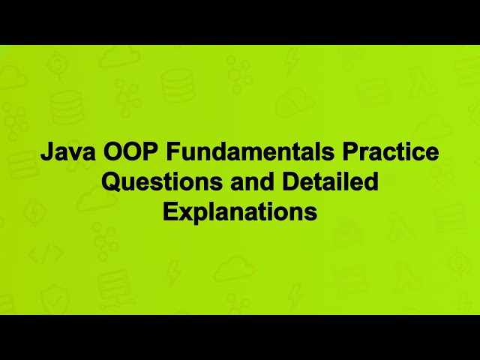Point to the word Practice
pyautogui.click(x=391, y=152)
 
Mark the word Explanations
pyautogui.click(x=240, y=212)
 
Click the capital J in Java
pyautogui.click(x=45, y=152)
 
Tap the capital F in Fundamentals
pyautogui.click(x=173, y=152)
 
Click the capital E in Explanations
pyautogui.click(x=169, y=212)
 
